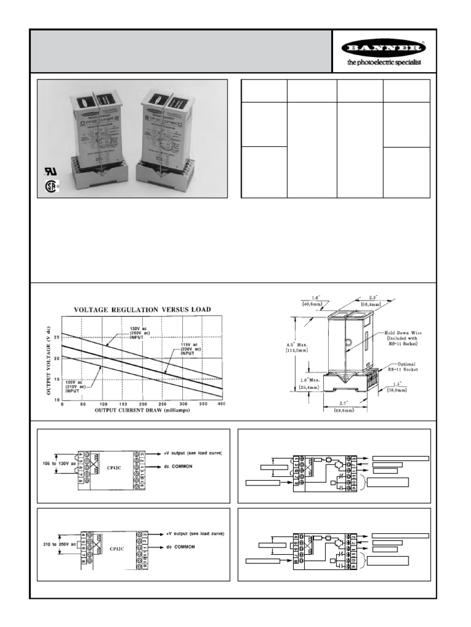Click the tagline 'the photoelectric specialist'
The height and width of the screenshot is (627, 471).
pyautogui.click(x=384, y=62)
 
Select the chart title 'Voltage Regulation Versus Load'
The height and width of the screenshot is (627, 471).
pyautogui.click(x=142, y=310)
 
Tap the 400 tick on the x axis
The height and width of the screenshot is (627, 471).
pyautogui.click(x=221, y=404)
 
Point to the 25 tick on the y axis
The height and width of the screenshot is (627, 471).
pyautogui.click(x=57, y=337)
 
